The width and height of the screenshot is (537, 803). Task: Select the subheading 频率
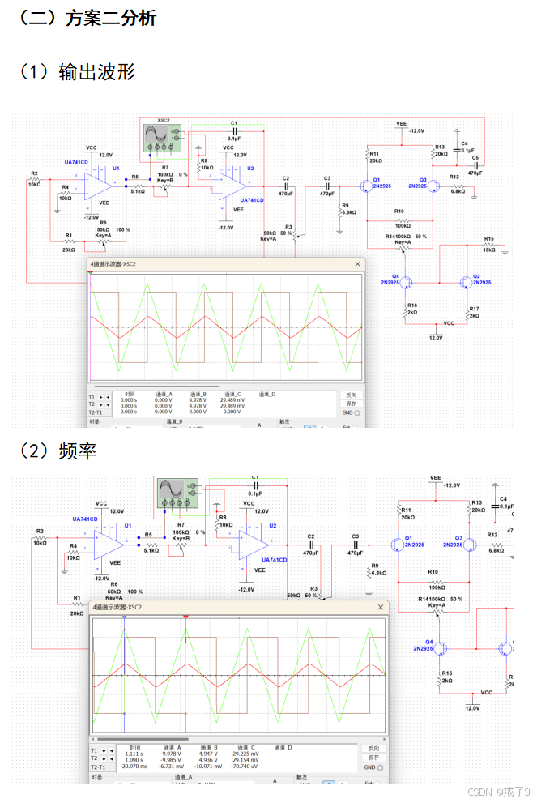77,451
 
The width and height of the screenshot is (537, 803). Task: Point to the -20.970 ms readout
133,766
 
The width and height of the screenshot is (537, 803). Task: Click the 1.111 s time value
134,753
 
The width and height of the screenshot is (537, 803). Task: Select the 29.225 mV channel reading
247,753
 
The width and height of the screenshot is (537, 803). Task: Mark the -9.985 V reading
177,759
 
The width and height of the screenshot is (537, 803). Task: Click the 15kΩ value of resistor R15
488,250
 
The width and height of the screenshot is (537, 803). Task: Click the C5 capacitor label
475,158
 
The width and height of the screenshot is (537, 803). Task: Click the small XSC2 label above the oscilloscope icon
163,118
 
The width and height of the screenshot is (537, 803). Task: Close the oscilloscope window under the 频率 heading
380,607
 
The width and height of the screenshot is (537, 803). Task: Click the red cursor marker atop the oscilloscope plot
186,617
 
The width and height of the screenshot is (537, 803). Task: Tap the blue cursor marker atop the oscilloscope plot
124,617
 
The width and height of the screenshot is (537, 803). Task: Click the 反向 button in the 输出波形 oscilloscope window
350,395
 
